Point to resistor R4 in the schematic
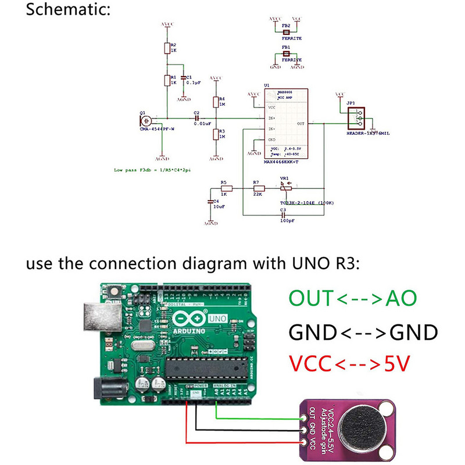coord(216,102)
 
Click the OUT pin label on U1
coord(300,124)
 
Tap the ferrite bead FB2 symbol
coord(285,32)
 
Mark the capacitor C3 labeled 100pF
coord(283,215)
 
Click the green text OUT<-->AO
coord(353,299)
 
